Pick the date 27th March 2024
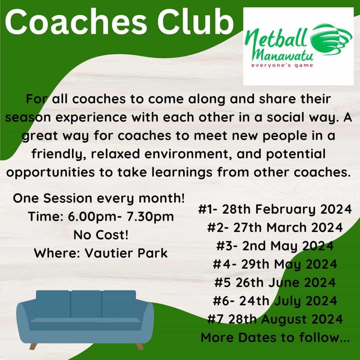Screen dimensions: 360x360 pyautogui.click(x=288, y=228)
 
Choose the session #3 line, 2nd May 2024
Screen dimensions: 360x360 pyautogui.click(x=275, y=246)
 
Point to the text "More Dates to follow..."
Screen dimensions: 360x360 pyautogui.click(x=275, y=337)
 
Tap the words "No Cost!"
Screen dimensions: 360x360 pyautogui.click(x=101, y=235)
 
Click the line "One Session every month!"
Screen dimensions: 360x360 pyautogui.click(x=99, y=198)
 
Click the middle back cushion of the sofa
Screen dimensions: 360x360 pyautogui.click(x=86, y=304)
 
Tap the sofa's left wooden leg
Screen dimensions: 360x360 pyautogui.click(x=33, y=346)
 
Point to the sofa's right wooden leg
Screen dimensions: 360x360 pyautogui.click(x=140, y=346)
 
